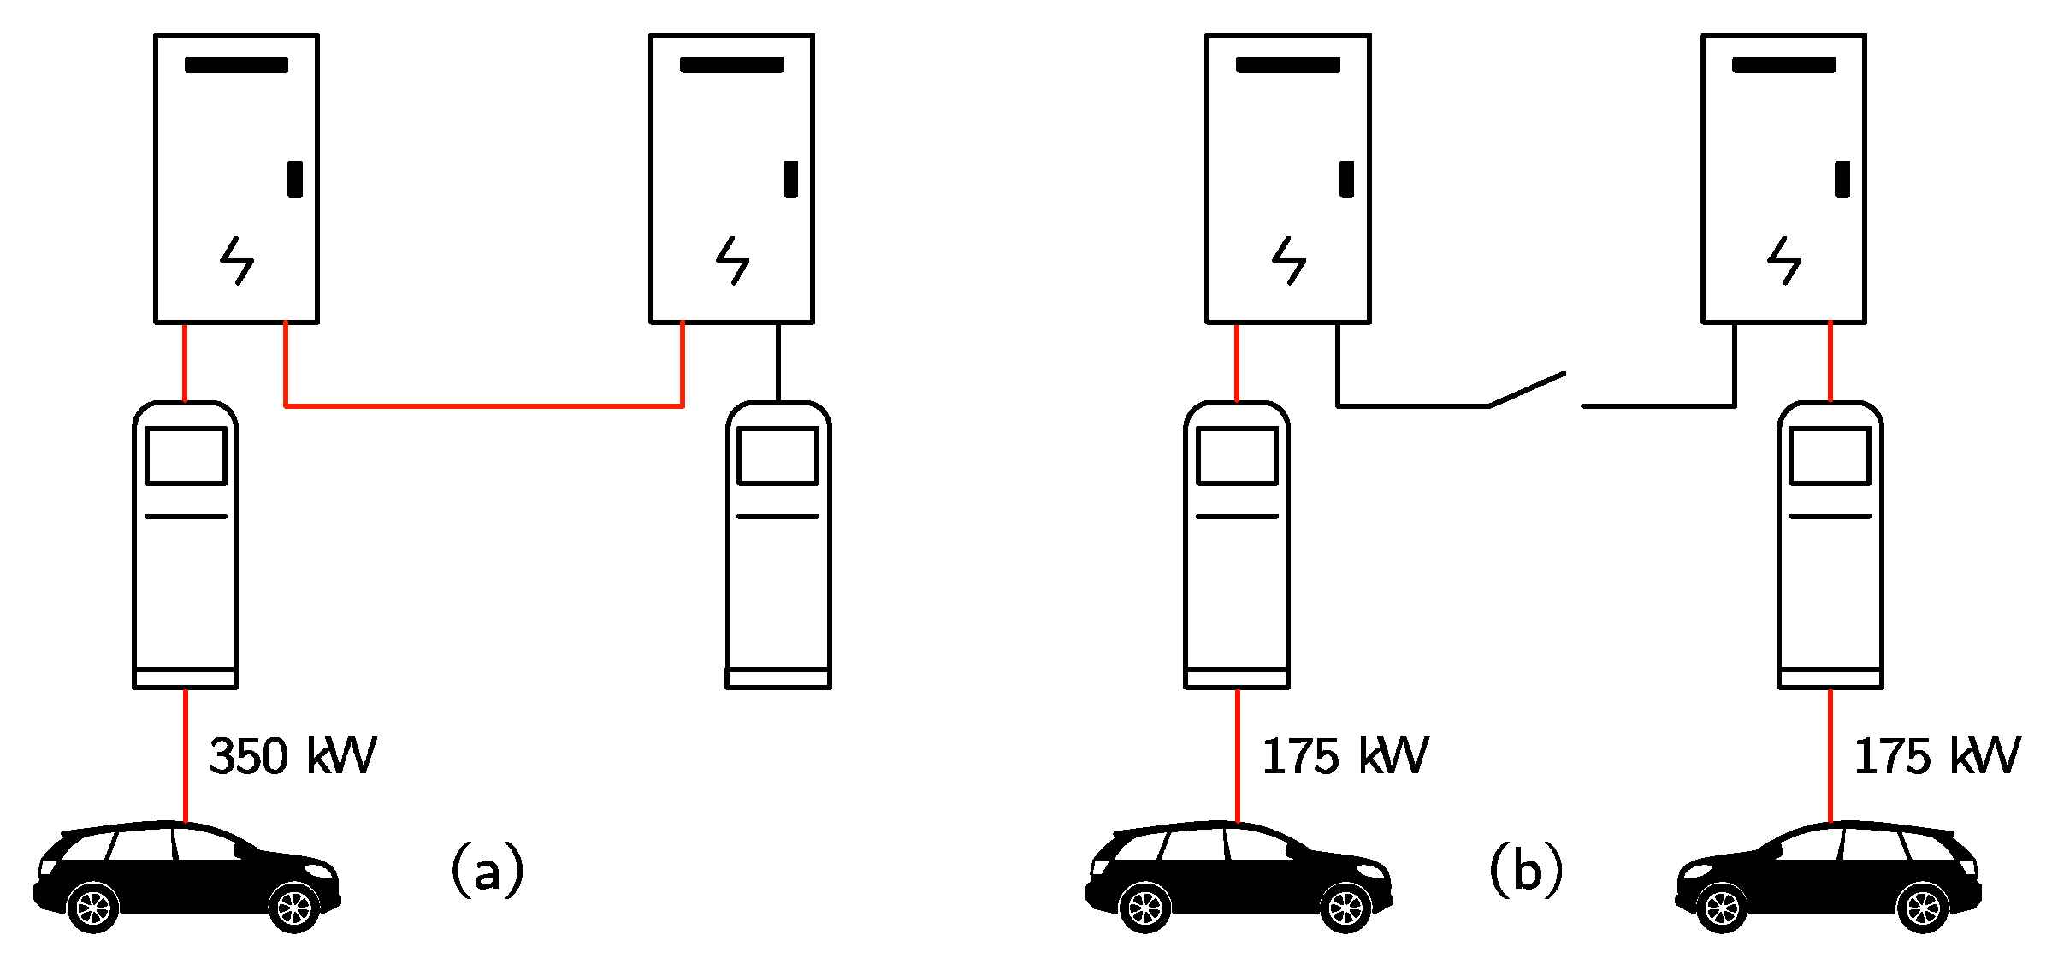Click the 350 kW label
click(293, 756)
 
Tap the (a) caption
click(487, 870)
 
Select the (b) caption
click(1526, 870)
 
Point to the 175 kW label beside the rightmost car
click(1937, 756)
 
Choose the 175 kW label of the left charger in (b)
click(1345, 756)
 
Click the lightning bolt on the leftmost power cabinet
click(237, 261)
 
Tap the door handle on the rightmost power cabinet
click(1842, 179)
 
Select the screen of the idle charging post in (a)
click(778, 456)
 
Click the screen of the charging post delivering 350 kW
click(186, 456)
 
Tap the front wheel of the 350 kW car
click(294, 907)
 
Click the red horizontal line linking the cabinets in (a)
click(483, 405)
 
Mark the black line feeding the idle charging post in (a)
click(778, 362)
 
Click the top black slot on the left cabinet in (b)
click(1287, 65)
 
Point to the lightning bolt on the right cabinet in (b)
click(1784, 261)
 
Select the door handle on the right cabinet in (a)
click(790, 179)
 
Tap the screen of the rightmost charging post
click(1830, 456)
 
